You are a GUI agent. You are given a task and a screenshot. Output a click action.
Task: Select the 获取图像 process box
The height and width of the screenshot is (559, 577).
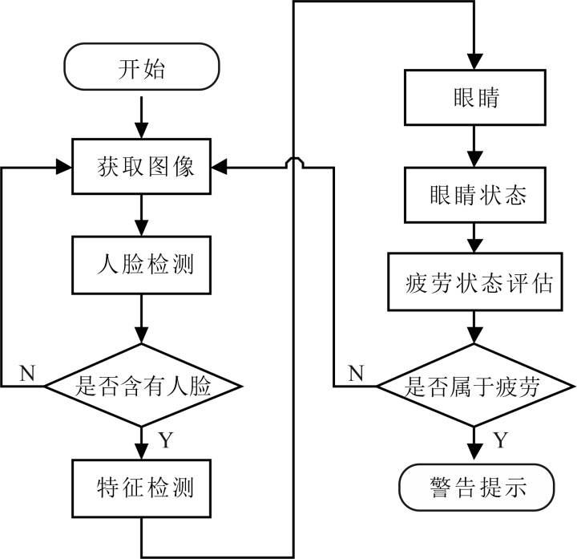pos(142,168)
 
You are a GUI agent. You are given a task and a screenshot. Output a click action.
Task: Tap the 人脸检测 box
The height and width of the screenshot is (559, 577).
pos(142,265)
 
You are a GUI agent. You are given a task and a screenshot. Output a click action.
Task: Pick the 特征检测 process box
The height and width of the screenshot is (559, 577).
pos(142,488)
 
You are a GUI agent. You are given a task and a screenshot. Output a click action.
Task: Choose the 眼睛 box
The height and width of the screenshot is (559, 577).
pos(475,99)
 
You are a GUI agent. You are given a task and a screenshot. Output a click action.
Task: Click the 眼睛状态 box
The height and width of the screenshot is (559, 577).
pos(475,195)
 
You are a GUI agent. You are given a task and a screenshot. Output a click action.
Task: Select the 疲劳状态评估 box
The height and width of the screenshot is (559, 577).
pos(475,282)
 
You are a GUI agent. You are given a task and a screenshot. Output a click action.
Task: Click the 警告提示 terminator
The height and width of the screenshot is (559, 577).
pos(475,486)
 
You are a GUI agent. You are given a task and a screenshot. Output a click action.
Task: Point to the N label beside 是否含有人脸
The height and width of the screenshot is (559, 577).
pos(26,373)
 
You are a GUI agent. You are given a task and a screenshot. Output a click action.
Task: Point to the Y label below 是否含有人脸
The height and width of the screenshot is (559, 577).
pos(165,440)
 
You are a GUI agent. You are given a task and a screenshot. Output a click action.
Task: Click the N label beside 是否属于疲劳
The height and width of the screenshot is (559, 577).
pos(357,373)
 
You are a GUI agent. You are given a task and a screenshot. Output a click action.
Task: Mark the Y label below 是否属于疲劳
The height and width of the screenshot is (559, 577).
pos(499,440)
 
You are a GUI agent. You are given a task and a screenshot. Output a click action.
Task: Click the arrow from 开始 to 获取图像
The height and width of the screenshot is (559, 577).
pos(142,117)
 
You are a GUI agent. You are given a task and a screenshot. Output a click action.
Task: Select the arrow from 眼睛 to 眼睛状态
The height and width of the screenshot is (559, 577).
pos(475,148)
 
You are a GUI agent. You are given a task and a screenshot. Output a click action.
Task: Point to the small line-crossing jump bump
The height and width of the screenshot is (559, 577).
pos(294,163)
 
